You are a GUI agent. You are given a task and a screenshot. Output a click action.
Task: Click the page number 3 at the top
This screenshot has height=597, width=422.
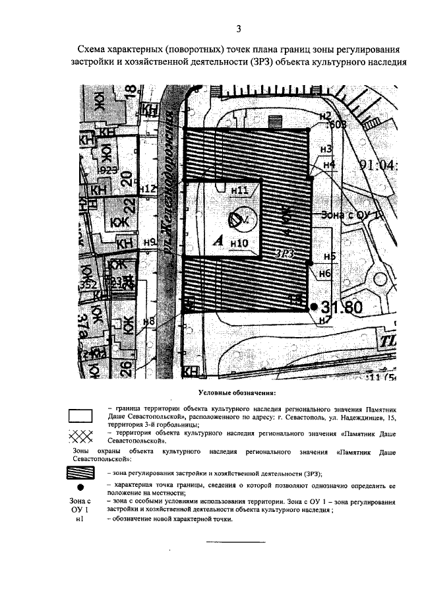tap(239, 28)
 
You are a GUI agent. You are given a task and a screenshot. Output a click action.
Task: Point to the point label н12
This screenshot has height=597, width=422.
tap(149, 189)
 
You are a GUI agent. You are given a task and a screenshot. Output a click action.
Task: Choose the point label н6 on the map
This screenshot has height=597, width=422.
tap(324, 272)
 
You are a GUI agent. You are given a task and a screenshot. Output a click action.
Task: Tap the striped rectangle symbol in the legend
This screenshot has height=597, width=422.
tap(81, 473)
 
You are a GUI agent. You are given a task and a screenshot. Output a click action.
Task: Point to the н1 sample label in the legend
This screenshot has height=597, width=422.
tap(79, 520)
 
